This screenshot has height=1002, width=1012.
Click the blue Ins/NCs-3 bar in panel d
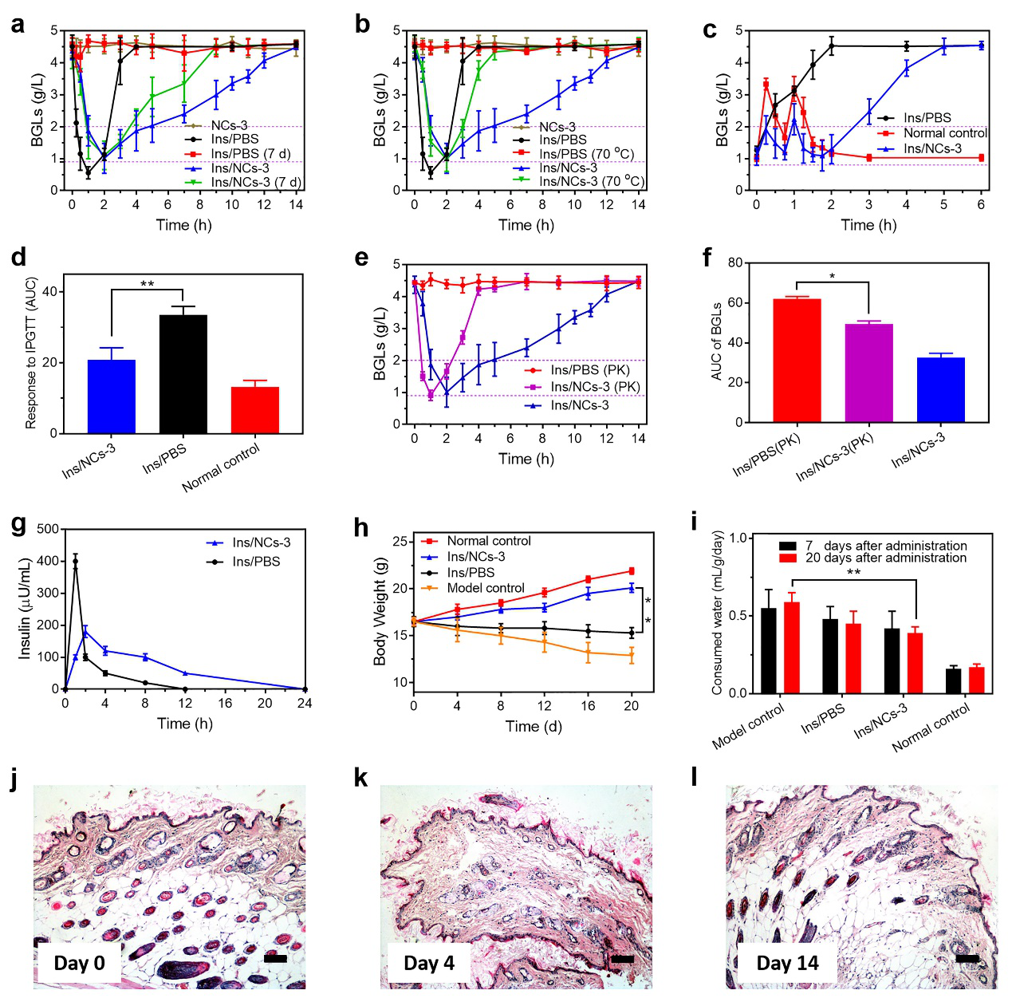[112, 396]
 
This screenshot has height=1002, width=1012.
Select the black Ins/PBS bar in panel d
[183, 374]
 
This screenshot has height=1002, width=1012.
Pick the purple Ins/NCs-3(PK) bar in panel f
[868, 373]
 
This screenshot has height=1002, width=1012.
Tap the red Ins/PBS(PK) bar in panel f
[797, 360]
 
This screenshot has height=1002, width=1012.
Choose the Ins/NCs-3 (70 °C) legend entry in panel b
[591, 182]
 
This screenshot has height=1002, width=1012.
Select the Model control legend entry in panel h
[485, 588]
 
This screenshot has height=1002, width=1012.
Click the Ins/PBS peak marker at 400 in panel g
[76, 562]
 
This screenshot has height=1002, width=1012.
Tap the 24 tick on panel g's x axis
[305, 703]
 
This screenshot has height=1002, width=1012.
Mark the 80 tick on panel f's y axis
[734, 263]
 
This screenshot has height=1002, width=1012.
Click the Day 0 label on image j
[79, 963]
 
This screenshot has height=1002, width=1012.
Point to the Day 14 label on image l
[787, 963]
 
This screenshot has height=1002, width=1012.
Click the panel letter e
[361, 258]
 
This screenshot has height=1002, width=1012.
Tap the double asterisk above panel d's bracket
[147, 284]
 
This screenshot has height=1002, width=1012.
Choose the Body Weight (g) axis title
[380, 611]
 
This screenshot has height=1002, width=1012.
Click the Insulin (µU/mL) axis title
[25, 609]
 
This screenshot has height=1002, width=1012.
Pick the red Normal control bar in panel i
[977, 680]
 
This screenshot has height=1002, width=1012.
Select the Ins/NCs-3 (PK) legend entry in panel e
[594, 387]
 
